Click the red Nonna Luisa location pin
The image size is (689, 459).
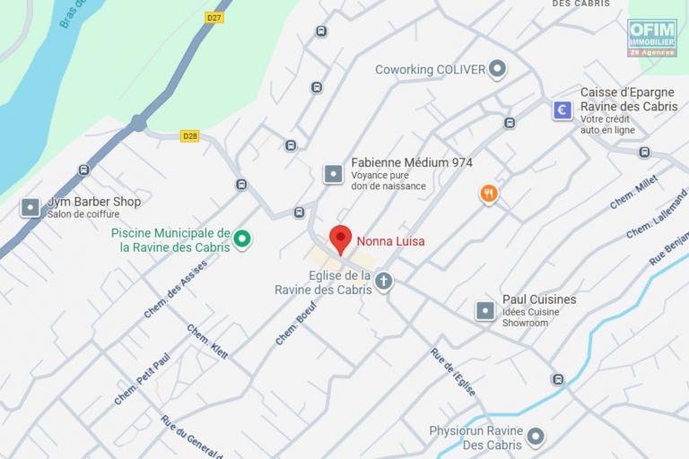coord(340,239)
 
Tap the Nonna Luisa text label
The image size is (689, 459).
coord(391,241)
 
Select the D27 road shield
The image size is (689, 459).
coord(214,17)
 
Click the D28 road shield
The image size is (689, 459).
coord(189,136)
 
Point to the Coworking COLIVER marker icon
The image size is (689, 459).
coord(498,69)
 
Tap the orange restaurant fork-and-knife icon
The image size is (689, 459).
coord(489,194)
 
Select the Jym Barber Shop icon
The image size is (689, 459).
coord(31,208)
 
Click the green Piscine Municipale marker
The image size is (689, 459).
coord(241,239)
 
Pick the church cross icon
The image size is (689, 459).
coord(383,281)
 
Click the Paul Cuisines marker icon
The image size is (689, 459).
coord(484,310)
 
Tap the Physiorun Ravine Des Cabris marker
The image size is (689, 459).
coord(536,437)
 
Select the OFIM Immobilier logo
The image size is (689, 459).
coord(652,38)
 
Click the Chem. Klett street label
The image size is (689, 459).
coord(207,342)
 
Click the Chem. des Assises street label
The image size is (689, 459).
coord(176,289)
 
